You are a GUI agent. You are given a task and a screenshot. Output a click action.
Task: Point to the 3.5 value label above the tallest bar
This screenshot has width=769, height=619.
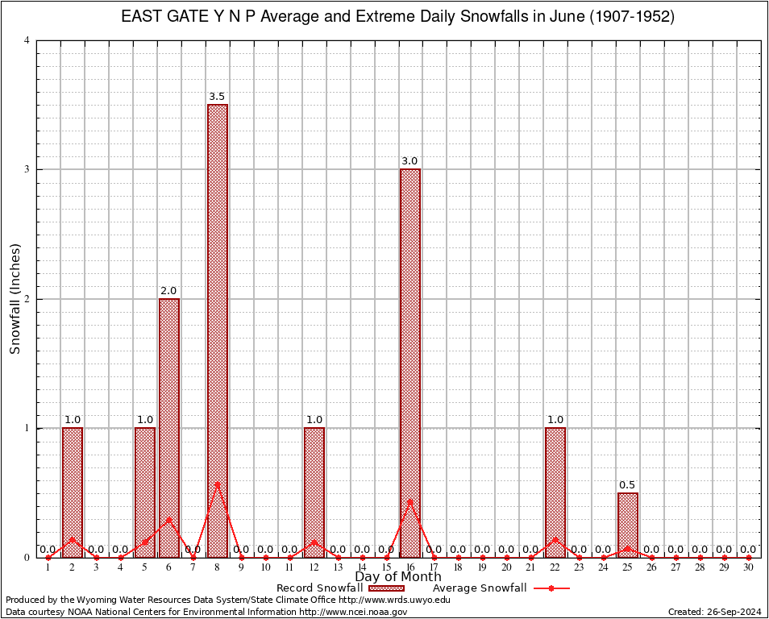coord(217,97)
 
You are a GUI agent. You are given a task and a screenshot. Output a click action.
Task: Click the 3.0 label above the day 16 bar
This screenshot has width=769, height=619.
coord(409,161)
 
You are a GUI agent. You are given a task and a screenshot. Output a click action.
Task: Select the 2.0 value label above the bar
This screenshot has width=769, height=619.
coord(168,291)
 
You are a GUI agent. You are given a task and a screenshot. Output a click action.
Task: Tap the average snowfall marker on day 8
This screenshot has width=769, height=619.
coord(217,484)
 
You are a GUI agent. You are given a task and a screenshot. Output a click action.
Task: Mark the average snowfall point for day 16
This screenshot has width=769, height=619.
coord(410,501)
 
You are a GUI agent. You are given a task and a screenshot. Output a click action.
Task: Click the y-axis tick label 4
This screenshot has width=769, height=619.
coord(27,40)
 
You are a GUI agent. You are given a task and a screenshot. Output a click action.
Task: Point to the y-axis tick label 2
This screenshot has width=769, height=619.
coord(27,299)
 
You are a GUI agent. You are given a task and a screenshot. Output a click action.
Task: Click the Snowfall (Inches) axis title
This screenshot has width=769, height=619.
coord(15,298)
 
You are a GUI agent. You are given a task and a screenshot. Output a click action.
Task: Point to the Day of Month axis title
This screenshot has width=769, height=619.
coord(398,577)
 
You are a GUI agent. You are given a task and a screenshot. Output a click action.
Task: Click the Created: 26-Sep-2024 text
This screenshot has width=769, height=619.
coord(714,612)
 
